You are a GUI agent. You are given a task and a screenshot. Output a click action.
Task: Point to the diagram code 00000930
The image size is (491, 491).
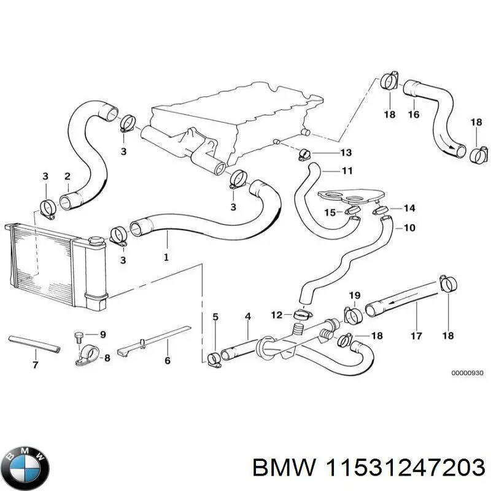coord(468,373)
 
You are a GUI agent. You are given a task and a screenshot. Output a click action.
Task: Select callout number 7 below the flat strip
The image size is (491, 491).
coord(35,365)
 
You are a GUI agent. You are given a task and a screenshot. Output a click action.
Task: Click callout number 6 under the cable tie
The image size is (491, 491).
coord(167,361)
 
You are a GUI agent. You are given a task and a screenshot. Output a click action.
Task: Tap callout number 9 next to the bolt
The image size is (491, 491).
coord(102,334)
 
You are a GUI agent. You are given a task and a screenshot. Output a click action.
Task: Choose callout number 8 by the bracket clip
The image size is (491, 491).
coord(107,358)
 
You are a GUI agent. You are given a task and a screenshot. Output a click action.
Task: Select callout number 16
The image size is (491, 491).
coord(414,114)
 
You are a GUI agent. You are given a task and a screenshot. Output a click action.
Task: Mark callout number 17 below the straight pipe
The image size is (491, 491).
coord(416,335)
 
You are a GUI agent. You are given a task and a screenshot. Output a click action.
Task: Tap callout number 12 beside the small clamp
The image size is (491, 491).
coord(277,315)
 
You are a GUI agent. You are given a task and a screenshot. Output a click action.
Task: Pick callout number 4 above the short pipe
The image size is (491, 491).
coord(248,317)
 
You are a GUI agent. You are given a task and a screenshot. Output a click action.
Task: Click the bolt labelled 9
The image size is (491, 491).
coord(78,335)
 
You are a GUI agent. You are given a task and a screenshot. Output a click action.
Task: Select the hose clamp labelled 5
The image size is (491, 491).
coord(215,358)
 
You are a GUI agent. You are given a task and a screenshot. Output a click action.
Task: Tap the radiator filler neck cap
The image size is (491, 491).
coord(96,240)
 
